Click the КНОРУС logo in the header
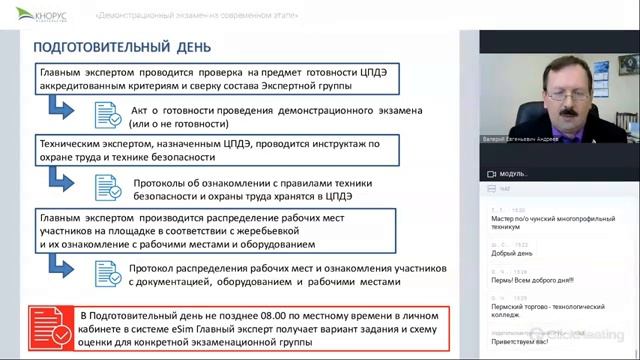[41, 16]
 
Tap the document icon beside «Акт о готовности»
[109, 114]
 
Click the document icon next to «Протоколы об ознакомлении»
[109, 189]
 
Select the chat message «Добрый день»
[506, 253]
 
